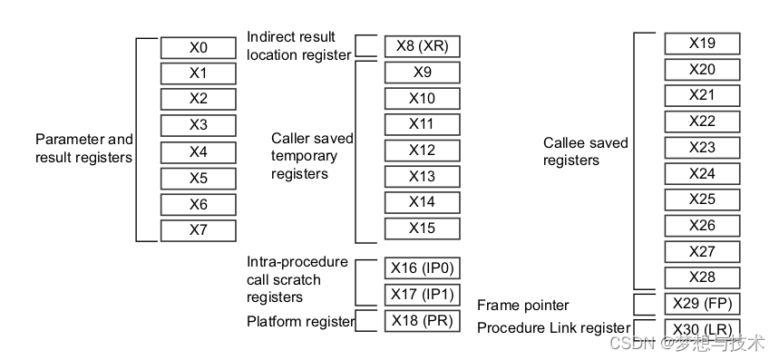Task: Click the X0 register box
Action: pyautogui.click(x=198, y=47)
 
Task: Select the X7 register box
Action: pyautogui.click(x=198, y=230)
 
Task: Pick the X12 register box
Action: pyautogui.click(x=422, y=151)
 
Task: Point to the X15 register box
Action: pyautogui.click(x=422, y=229)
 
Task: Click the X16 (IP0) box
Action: pyautogui.click(x=421, y=268)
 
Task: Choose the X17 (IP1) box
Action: pyautogui.click(x=421, y=295)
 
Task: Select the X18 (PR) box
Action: pyautogui.click(x=421, y=321)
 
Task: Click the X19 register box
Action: pyautogui.click(x=702, y=43)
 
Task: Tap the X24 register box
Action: pyautogui.click(x=702, y=173)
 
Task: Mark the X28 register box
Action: pyautogui.click(x=702, y=277)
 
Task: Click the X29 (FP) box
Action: pyautogui.click(x=702, y=303)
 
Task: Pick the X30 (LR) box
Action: pyautogui.click(x=702, y=328)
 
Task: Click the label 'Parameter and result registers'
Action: pyautogui.click(x=84, y=149)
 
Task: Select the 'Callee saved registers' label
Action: pyautogui.click(x=585, y=151)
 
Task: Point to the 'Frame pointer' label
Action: pyautogui.click(x=522, y=306)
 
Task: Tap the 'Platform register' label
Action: pyautogui.click(x=300, y=321)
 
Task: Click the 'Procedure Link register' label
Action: pyautogui.click(x=553, y=327)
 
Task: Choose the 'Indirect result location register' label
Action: pyautogui.click(x=298, y=46)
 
